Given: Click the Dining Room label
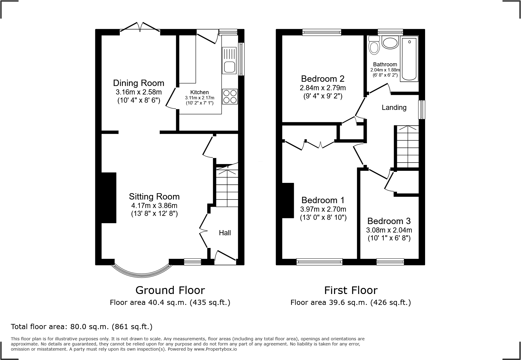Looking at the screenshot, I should pyautogui.click(x=139, y=83).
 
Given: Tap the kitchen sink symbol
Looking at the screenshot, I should pyautogui.click(x=229, y=60).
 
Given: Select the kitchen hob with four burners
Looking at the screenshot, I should pyautogui.click(x=230, y=97).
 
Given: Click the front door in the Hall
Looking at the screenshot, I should pyautogui.click(x=225, y=256).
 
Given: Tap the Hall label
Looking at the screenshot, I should pyautogui.click(x=225, y=233).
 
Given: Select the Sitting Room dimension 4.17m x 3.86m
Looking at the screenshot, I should pyautogui.click(x=154, y=206).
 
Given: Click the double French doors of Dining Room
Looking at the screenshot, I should pyautogui.click(x=140, y=27).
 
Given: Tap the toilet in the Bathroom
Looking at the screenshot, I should pyautogui.click(x=375, y=45).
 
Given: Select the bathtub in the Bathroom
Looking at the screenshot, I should pyautogui.click(x=409, y=59).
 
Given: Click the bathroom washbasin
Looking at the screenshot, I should pyautogui.click(x=390, y=43).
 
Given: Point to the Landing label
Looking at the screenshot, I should pyautogui.click(x=394, y=107).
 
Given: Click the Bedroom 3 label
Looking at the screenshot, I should pyautogui.click(x=389, y=221).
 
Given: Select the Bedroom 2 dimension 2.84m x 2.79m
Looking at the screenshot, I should pyautogui.click(x=323, y=88).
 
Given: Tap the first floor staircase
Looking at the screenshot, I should pyautogui.click(x=407, y=147).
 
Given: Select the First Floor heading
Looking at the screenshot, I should pyautogui.click(x=351, y=290).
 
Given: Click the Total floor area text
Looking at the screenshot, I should pyautogui.click(x=81, y=327).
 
